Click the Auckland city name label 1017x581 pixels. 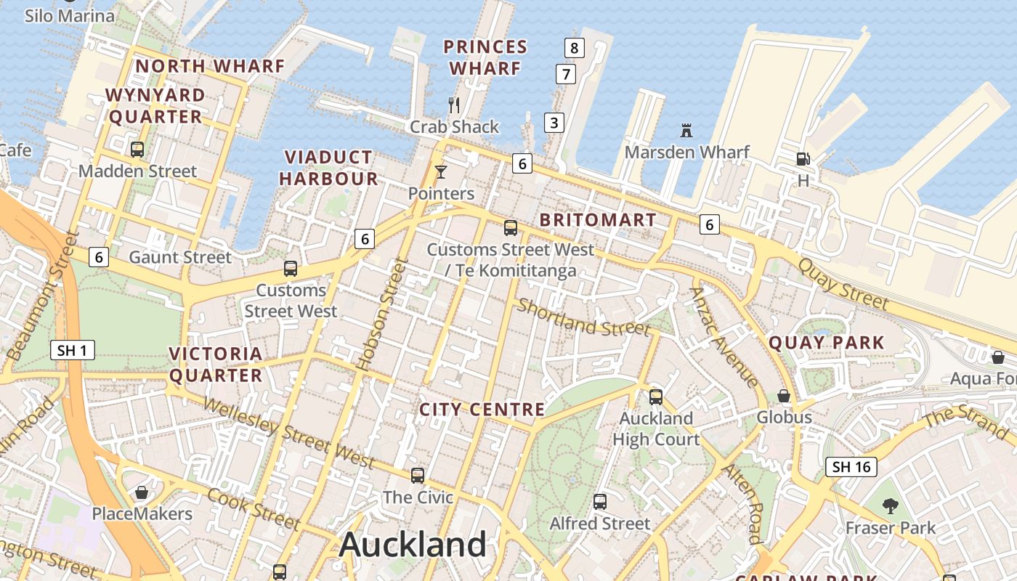coord(412,544)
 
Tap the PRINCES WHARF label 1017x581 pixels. coord(485,57)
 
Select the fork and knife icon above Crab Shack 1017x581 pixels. coord(454,105)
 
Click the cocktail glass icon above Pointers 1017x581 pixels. coord(440,172)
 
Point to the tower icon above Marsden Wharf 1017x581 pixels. coord(686,131)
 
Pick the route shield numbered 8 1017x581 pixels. coord(574,49)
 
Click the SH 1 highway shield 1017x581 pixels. coord(73,351)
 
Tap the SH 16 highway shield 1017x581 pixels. coord(851,466)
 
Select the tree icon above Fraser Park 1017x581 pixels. coord(890,505)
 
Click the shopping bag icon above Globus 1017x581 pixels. coord(784,396)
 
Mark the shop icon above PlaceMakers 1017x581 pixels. coord(142,492)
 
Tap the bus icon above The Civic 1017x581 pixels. coord(417,476)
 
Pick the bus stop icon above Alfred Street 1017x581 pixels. coord(599,501)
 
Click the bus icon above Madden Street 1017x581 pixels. coord(137,150)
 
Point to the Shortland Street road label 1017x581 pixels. coord(583,318)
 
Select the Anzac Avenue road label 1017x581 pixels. coord(724,337)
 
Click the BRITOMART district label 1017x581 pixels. coord(598,220)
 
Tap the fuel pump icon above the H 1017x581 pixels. coord(803,158)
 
